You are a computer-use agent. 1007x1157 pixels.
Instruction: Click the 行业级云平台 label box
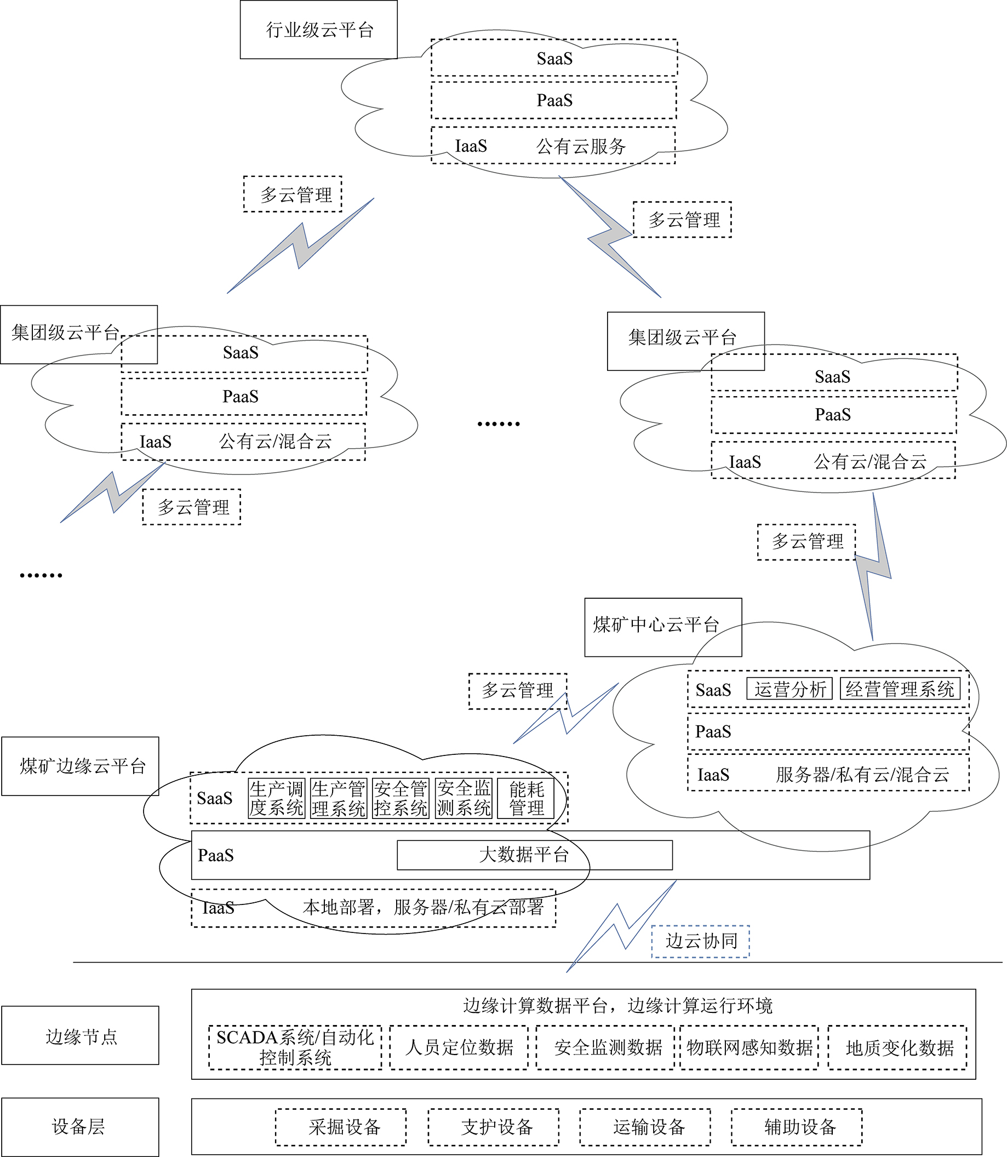point(319,30)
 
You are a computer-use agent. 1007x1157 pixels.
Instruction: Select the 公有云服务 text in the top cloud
point(581,147)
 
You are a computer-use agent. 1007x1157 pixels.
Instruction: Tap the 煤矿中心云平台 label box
point(663,627)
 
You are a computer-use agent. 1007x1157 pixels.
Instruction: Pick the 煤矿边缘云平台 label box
point(81,766)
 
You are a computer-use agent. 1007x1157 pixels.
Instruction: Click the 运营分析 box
point(789,689)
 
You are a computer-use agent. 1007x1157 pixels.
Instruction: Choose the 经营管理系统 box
point(900,689)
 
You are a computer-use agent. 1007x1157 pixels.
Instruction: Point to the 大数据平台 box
point(534,855)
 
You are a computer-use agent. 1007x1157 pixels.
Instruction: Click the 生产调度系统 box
point(277,799)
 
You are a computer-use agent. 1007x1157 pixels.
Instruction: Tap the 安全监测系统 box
point(464,799)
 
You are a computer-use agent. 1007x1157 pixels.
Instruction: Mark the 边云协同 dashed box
point(700,941)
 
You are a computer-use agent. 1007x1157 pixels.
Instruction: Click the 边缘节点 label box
point(81,1035)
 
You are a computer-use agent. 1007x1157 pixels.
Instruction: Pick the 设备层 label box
point(81,1127)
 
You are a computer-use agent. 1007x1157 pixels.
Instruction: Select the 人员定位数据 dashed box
point(459,1047)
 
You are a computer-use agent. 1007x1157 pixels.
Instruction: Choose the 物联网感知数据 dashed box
point(749,1047)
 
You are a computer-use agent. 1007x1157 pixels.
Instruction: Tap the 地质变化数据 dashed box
point(897,1047)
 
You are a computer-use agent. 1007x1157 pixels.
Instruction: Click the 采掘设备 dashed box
point(341,1127)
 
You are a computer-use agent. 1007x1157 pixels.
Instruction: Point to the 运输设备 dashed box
point(645,1127)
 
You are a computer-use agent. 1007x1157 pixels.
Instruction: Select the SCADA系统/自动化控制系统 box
point(295,1047)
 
